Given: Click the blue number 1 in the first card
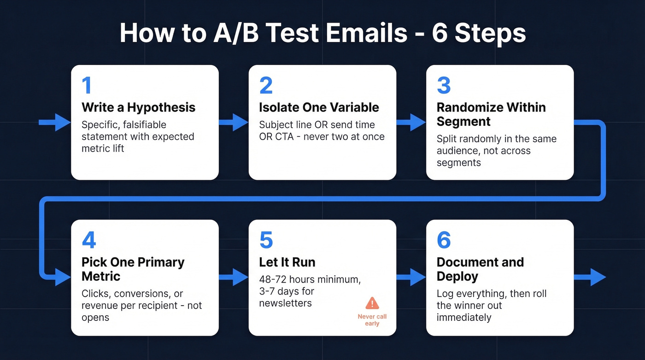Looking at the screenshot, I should point(87,86).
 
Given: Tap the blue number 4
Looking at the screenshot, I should point(89,241).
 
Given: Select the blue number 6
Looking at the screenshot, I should point(444,241).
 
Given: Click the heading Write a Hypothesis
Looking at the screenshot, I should point(138,107).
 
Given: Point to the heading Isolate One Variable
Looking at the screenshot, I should point(319,107).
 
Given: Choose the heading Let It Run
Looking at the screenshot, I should point(287,262).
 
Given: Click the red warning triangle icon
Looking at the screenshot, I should point(372,303).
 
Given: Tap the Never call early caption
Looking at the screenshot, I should point(372,320).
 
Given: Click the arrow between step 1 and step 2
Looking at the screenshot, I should point(234,122).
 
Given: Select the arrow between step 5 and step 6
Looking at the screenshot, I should point(411,277).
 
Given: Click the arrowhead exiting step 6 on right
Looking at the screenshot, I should point(598,277).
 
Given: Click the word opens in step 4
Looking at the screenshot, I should point(95,318).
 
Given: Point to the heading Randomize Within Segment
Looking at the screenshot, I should point(491,114).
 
